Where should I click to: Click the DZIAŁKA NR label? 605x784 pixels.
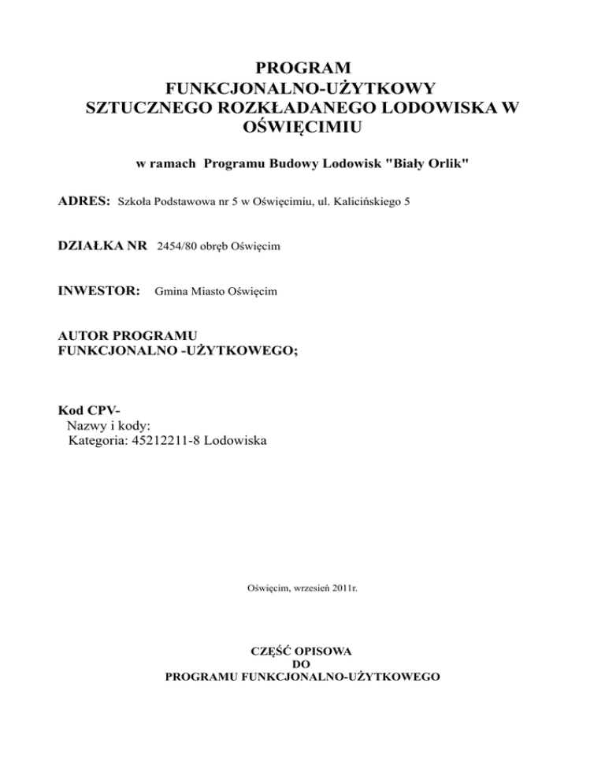click(x=102, y=247)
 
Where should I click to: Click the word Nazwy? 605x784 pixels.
click(x=87, y=426)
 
